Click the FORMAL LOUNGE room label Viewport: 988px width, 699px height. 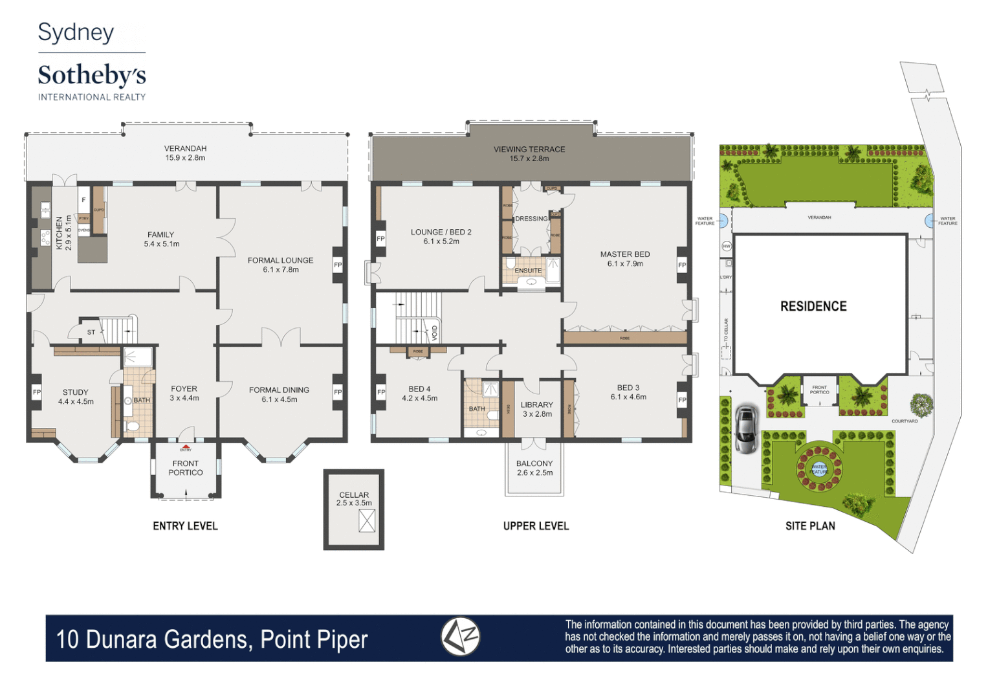click(x=280, y=261)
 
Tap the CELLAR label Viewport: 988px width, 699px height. click(x=354, y=495)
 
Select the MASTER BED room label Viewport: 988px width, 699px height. click(x=624, y=255)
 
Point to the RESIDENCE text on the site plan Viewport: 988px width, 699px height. click(x=813, y=307)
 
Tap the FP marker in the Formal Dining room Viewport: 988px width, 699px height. click(x=338, y=392)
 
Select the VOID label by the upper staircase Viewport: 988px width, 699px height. click(x=434, y=333)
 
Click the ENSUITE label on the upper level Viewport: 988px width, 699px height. click(x=528, y=271)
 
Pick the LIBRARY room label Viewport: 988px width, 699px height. click(x=537, y=405)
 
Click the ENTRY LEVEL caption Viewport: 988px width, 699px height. click(x=185, y=526)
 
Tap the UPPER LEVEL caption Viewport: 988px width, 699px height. click(x=536, y=526)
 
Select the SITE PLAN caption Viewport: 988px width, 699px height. click(x=810, y=526)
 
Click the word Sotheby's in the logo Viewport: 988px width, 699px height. click(x=92, y=76)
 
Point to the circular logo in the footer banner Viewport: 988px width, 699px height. click(x=460, y=637)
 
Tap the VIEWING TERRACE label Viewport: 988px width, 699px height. click(x=529, y=150)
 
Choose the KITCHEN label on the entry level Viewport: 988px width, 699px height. click(x=60, y=233)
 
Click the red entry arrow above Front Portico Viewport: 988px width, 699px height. click(x=186, y=447)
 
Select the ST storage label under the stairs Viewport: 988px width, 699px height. click(x=91, y=333)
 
